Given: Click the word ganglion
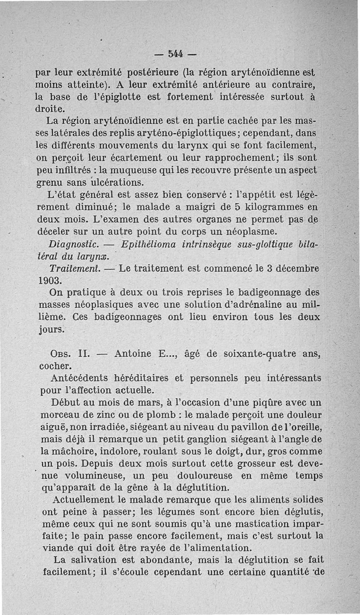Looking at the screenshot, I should (x=201, y=439).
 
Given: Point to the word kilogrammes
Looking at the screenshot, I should (x=258, y=207).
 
